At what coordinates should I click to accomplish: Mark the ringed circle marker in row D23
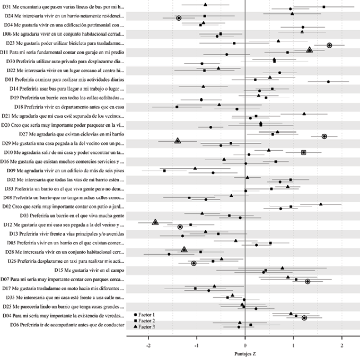(x=329, y=46)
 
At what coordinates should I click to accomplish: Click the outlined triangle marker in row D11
(x=310, y=50)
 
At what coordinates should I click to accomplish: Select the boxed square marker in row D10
(x=304, y=152)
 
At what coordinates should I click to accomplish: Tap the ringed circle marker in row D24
(x=179, y=18)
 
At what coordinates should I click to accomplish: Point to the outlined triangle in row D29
(x=178, y=141)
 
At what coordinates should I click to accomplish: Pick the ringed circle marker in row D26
(x=194, y=263)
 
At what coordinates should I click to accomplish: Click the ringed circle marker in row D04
(x=304, y=318)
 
